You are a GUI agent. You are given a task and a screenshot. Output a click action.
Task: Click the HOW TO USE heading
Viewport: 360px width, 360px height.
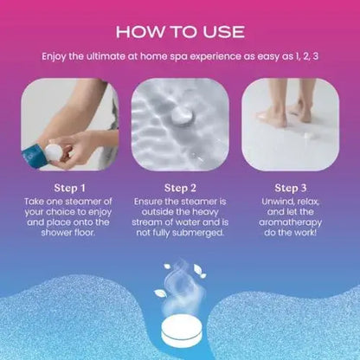coord(179,33)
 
